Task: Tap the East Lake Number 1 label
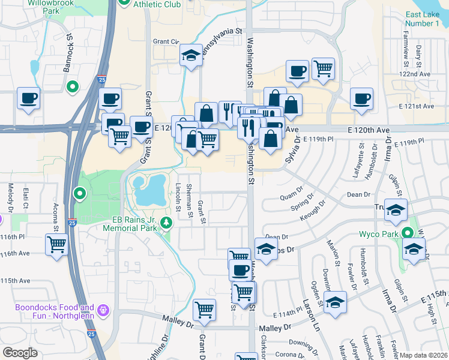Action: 422,19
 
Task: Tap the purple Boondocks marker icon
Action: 104,310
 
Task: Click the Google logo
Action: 20,353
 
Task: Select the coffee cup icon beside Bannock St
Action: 28,97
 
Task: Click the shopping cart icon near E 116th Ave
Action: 56,244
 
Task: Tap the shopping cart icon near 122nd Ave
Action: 323,69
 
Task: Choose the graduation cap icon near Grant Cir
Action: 191,56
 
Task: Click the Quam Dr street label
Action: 289,197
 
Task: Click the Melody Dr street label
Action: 11,196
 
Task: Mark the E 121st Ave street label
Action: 416,106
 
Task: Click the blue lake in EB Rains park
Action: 148,191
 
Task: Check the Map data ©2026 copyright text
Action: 423,355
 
